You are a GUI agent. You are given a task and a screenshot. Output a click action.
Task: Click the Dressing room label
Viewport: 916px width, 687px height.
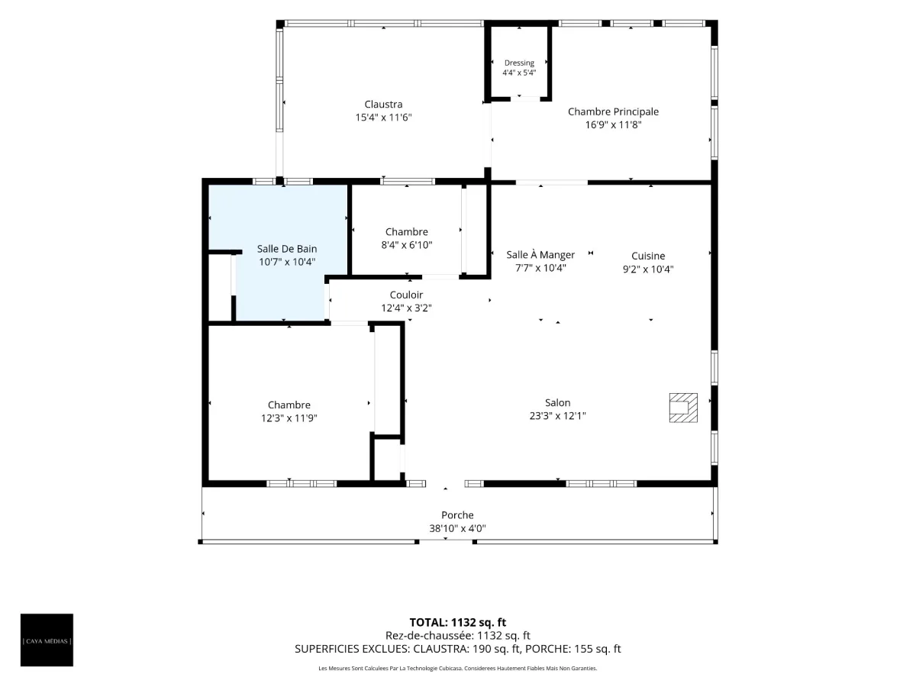(x=519, y=63)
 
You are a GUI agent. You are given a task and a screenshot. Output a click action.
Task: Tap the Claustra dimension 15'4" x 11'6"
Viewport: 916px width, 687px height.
(x=383, y=118)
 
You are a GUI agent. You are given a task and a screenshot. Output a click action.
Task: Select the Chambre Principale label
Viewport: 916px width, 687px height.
(x=613, y=111)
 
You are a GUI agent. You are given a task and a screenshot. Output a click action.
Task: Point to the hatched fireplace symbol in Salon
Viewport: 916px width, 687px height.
(x=683, y=408)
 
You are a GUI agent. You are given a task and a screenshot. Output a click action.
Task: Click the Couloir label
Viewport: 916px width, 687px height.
(x=406, y=295)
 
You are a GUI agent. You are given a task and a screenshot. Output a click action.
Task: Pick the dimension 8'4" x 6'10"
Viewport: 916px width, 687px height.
(x=406, y=245)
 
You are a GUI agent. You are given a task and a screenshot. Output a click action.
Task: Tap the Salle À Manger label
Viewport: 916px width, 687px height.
(x=540, y=254)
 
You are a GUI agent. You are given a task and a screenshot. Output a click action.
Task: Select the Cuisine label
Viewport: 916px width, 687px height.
(x=648, y=256)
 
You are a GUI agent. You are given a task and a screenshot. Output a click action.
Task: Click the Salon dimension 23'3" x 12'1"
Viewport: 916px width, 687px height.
(x=557, y=415)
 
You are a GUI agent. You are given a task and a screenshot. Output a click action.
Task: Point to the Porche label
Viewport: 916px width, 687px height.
(x=457, y=515)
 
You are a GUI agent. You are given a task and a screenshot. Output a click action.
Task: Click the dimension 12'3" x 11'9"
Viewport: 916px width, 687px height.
(x=289, y=418)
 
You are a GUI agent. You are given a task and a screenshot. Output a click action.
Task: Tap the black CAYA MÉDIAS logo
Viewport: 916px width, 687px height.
(x=47, y=640)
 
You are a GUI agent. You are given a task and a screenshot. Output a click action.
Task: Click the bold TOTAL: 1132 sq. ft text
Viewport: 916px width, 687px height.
(x=458, y=622)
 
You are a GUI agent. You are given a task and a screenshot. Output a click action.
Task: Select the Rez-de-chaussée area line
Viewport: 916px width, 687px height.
(x=458, y=636)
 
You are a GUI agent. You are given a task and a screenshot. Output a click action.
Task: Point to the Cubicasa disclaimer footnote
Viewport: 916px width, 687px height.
(x=458, y=668)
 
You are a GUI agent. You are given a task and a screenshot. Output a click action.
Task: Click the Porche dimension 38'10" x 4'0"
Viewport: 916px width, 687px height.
(x=457, y=528)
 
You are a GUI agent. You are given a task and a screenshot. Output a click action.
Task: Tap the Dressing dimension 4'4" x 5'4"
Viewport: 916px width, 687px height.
(x=519, y=73)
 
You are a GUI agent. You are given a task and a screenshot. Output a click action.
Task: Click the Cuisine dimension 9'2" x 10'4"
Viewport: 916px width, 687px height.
(x=648, y=269)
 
